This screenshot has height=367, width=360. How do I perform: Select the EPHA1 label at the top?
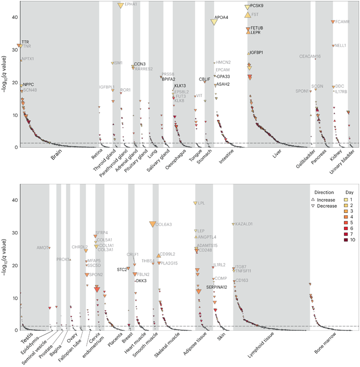tap(131, 4)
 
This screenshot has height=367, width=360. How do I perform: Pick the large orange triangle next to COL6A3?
tap(152, 224)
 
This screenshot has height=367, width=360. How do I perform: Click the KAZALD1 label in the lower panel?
tap(245, 224)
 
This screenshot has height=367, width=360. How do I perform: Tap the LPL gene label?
tap(202, 203)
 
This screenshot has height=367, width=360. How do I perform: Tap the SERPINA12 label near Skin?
tap(217, 287)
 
